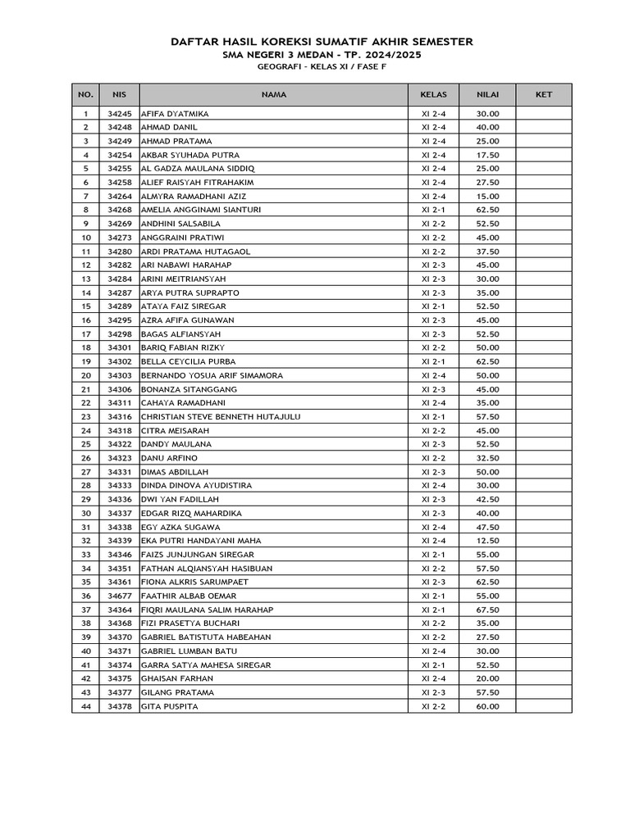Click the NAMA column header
pyautogui.click(x=274, y=95)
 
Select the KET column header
pyautogui.click(x=543, y=95)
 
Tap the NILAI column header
pyautogui.click(x=487, y=95)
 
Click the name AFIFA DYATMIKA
pyautogui.click(x=175, y=114)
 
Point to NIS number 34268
pyautogui.click(x=120, y=211)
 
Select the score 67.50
pyautogui.click(x=487, y=610)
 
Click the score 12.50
pyautogui.click(x=487, y=541)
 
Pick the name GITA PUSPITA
pyautogui.click(x=170, y=706)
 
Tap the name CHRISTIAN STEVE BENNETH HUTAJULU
pyautogui.click(x=221, y=417)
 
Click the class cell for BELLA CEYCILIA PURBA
pyautogui.click(x=433, y=361)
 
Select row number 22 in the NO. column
pyautogui.click(x=85, y=403)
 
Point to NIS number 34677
pyautogui.click(x=120, y=596)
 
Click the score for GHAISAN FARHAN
pyautogui.click(x=487, y=678)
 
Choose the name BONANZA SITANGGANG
pyautogui.click(x=189, y=389)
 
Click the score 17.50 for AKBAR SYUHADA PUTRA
pyautogui.click(x=487, y=155)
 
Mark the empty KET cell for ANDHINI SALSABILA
pyautogui.click(x=543, y=224)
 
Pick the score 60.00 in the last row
pyautogui.click(x=487, y=706)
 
